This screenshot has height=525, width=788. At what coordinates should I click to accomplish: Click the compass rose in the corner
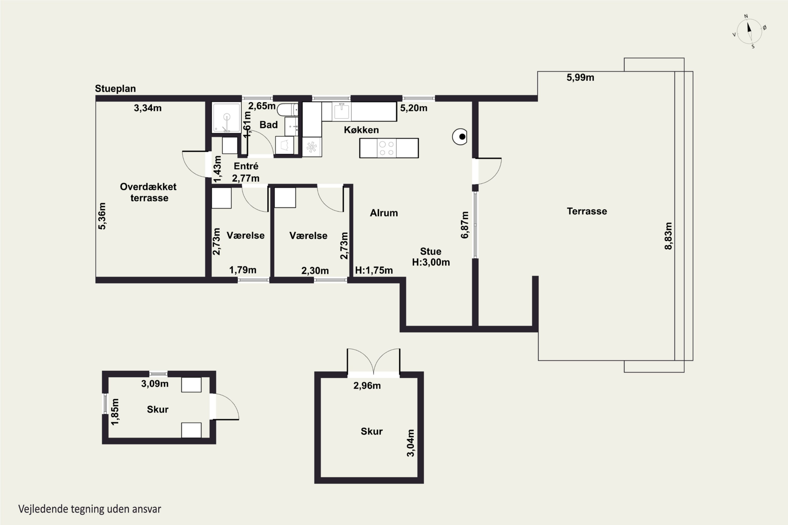coord(749,31)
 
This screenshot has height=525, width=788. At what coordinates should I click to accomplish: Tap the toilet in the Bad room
coord(287,109)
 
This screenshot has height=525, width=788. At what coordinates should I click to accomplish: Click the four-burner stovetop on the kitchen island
coord(386,148)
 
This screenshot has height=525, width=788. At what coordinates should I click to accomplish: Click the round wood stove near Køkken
coord(460,136)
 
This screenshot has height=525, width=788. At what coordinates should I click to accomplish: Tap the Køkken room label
coord(361,130)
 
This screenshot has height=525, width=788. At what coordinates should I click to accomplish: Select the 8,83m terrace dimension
coord(668,236)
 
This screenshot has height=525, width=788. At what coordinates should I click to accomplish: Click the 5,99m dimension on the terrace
coord(580,78)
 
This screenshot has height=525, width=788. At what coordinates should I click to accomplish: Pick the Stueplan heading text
coord(115,89)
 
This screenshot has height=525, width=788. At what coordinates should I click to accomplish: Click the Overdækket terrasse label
coord(148,192)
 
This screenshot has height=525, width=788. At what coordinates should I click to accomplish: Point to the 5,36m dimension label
coord(102,216)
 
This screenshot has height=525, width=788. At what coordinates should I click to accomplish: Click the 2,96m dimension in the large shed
coord(367,386)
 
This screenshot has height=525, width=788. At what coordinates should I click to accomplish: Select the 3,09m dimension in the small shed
coord(155,384)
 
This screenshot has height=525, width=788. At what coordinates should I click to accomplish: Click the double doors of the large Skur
coord(373,362)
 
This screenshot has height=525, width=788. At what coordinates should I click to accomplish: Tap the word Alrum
coord(384,213)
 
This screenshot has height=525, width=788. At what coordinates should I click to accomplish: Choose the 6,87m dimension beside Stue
coord(465,225)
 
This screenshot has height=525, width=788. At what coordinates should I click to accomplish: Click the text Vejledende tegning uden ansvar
coord(90,509)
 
